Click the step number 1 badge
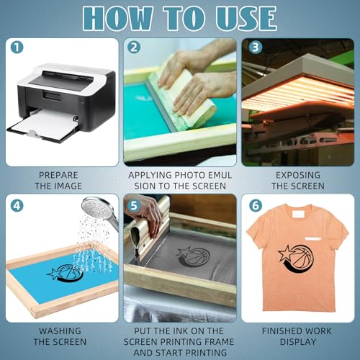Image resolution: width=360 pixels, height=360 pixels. [17, 47]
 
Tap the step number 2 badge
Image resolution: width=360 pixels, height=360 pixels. [134, 47]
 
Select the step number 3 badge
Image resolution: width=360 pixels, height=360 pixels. [256, 47]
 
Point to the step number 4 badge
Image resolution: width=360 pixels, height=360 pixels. [17, 205]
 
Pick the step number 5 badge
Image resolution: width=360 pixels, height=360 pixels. [134, 205]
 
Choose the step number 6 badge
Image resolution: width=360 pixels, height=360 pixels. [256, 205]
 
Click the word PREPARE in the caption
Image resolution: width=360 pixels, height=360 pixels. [58, 175]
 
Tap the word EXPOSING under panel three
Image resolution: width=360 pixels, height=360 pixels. [298, 175]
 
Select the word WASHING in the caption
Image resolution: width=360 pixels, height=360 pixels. [60, 331]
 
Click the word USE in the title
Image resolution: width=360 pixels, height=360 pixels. [246, 18]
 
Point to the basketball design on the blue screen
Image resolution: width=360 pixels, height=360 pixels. [66, 273]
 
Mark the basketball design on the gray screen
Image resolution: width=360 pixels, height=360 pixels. [193, 257]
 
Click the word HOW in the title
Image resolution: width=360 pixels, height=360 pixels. [117, 18]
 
